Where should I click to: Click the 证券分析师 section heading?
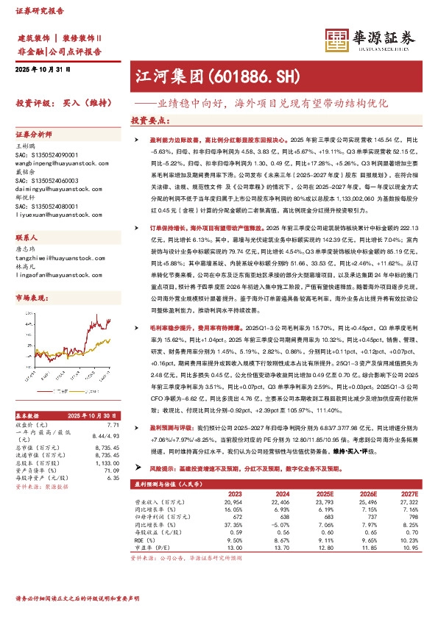click(34, 135)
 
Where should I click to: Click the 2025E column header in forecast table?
click(322, 493)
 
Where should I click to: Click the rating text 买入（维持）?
click(85, 103)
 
